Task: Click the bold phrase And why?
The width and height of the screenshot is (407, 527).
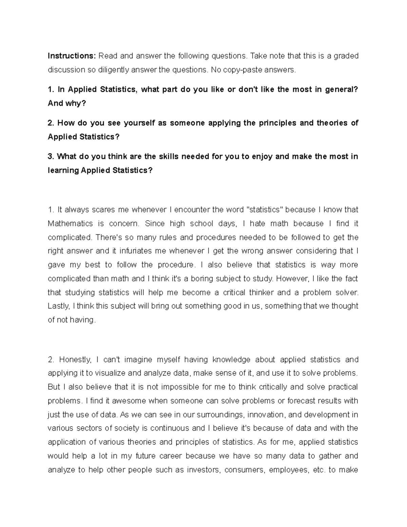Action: tap(67, 103)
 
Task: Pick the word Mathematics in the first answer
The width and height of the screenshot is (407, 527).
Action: tap(70, 224)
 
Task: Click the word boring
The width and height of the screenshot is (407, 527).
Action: tap(202, 279)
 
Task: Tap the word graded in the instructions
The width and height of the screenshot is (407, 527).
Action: tap(346, 56)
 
